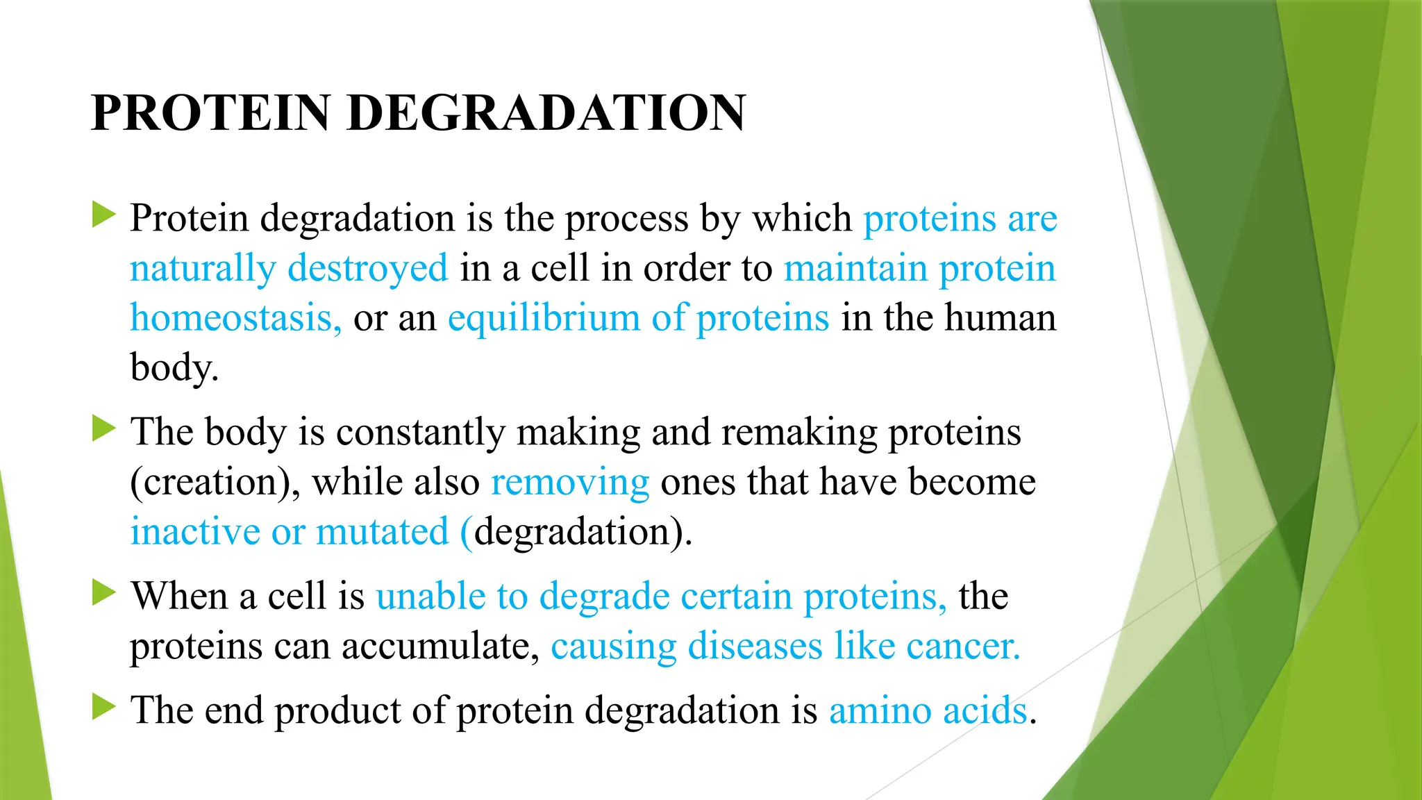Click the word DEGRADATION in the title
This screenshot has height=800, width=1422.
(x=546, y=113)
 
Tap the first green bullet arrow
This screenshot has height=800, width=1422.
(x=103, y=215)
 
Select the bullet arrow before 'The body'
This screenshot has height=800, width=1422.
(x=103, y=428)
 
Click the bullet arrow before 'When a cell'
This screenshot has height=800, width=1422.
(x=103, y=593)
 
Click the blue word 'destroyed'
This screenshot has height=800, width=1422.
(x=368, y=269)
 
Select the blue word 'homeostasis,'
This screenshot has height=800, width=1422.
(x=235, y=318)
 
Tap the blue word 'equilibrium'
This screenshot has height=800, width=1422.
(x=544, y=318)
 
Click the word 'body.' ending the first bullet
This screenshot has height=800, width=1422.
(x=174, y=367)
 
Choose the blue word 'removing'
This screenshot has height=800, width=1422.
(x=570, y=482)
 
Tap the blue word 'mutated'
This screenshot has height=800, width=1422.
(x=383, y=532)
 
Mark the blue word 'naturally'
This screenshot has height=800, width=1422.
(x=203, y=269)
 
